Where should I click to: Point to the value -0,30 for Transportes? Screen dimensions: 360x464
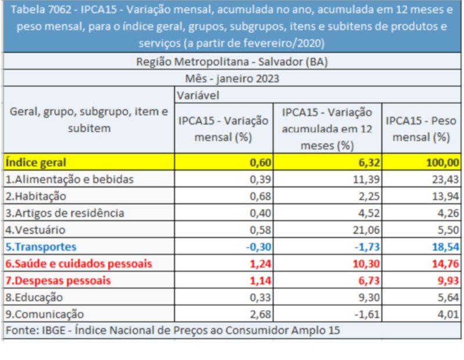258,246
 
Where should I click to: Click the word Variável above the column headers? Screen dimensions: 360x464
198,95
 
